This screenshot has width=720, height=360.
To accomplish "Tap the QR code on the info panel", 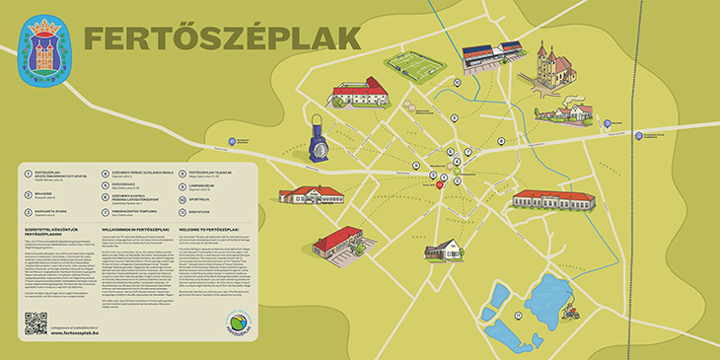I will coord(36,323).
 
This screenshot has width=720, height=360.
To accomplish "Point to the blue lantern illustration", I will coord(317,141).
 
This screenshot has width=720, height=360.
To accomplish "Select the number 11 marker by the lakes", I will coord(516,315).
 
